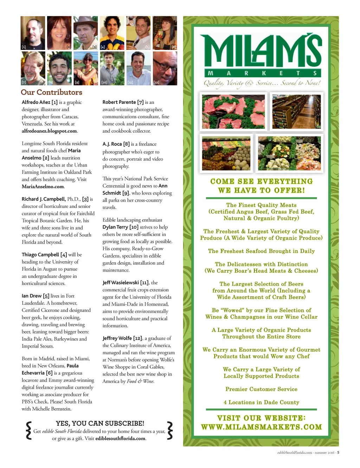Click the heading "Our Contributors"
[x=51, y=92]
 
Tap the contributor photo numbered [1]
[x=33, y=33]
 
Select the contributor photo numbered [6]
[x=165, y=33]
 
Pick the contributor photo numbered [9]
[x=85, y=68]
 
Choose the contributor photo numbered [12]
[x=165, y=68]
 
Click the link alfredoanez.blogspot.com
[x=49, y=131]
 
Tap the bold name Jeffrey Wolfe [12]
[x=122, y=338]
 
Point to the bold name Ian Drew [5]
[x=36, y=296]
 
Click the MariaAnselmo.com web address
[x=43, y=186]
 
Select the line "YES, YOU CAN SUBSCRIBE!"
[x=100, y=423]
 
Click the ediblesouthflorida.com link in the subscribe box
[x=120, y=438]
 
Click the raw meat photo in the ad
[x=233, y=112]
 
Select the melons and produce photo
[x=226, y=153]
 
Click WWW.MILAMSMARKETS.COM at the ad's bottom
[x=261, y=427]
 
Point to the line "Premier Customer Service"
[x=261, y=389]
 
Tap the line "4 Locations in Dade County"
[x=261, y=402]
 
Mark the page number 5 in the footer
[x=338, y=453]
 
